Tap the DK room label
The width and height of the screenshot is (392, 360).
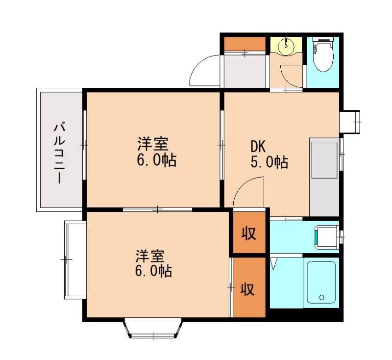click(258, 146)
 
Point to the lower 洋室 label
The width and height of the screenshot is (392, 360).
click(150, 256)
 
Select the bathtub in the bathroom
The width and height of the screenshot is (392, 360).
click(321, 283)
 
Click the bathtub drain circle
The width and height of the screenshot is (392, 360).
click(321, 297)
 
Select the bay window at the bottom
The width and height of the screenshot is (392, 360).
click(153, 329)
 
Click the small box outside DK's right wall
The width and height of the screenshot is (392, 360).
click(350, 121)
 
